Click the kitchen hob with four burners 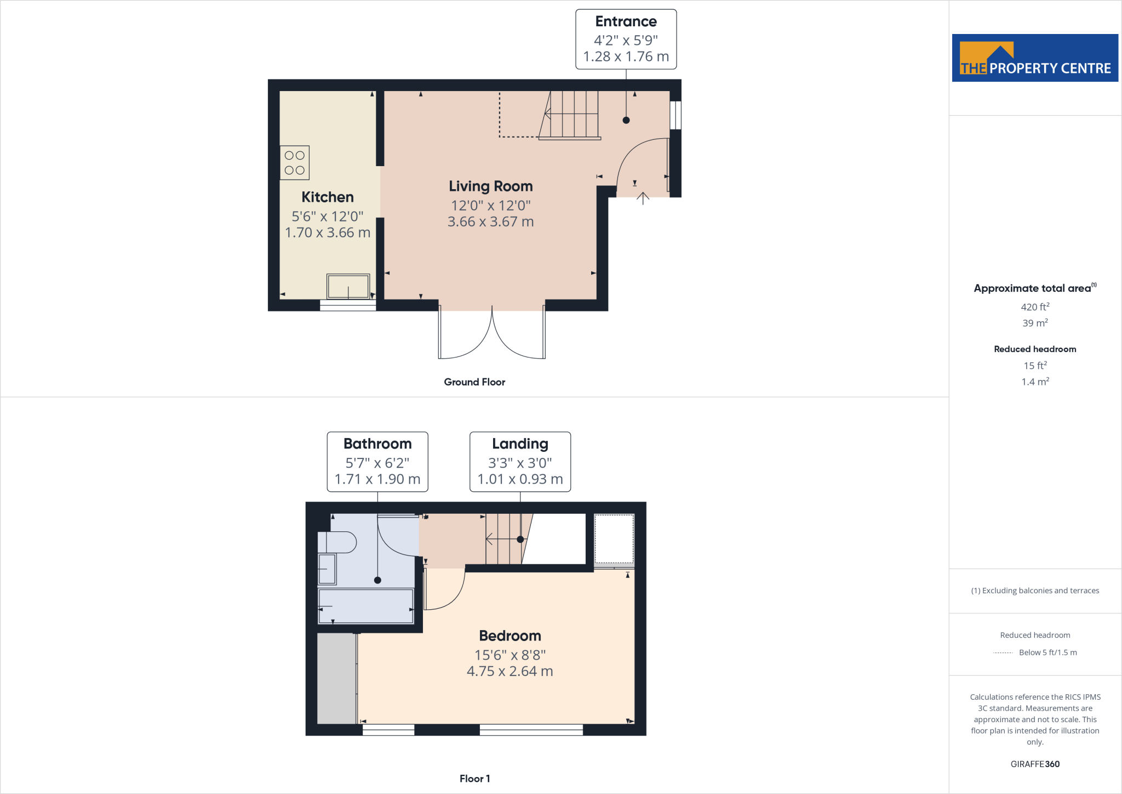pyautogui.click(x=295, y=163)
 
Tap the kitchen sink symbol pyautogui.click(x=348, y=286)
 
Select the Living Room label pyautogui.click(x=491, y=186)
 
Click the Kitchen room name pyautogui.click(x=328, y=197)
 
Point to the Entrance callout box pyautogui.click(x=626, y=39)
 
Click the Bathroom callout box pyautogui.click(x=377, y=462)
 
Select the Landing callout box pyautogui.click(x=520, y=462)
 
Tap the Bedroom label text pyautogui.click(x=510, y=636)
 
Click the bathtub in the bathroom pyautogui.click(x=366, y=606)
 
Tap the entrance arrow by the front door pyautogui.click(x=643, y=198)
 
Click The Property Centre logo pyautogui.click(x=1035, y=58)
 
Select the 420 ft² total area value pyautogui.click(x=1035, y=307)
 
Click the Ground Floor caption pyautogui.click(x=474, y=382)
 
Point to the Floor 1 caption pyautogui.click(x=474, y=779)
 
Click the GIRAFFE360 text pyautogui.click(x=1035, y=764)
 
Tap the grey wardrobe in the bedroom pyautogui.click(x=336, y=679)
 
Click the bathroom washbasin pyautogui.click(x=327, y=569)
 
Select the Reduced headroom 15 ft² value pyautogui.click(x=1035, y=366)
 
